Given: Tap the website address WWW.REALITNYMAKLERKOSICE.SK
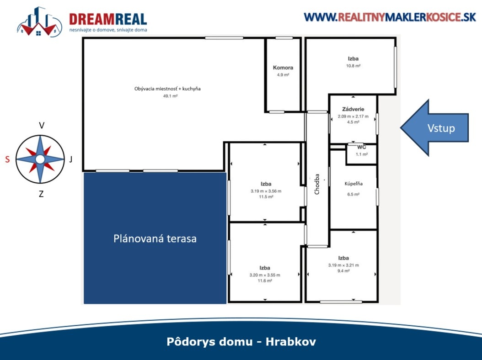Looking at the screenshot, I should tap(390, 17).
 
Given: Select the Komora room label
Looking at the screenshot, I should tap(283, 68).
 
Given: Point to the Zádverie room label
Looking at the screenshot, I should tap(353, 109).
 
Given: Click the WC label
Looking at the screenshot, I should tap(361, 147).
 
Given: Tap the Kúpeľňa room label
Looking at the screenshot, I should tap(353, 184).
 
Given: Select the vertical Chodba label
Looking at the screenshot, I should tap(317, 185).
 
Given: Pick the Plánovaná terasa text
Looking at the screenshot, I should tap(155, 238).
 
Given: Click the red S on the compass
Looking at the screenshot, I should tap(7, 159).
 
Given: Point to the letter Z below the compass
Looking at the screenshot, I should tap(41, 194).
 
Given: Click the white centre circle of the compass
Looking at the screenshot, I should tap(40, 159).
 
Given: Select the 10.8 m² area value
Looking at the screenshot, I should tap(353, 66).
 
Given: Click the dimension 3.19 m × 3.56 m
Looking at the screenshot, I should tap(265, 191).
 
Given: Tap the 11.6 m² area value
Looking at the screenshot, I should tap(265, 281).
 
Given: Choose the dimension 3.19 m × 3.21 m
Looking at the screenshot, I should tap(343, 265).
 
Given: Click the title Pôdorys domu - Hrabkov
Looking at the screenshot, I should tap(241, 342).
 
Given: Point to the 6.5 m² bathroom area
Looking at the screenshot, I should tap(353, 194).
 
